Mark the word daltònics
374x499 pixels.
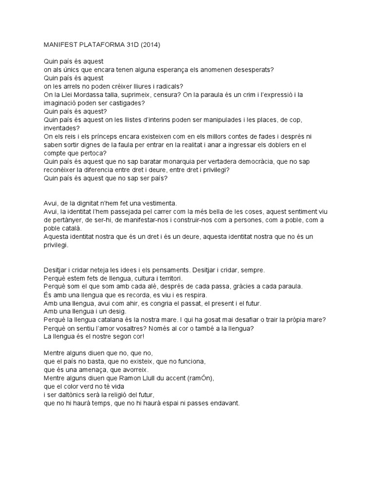(74, 395)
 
